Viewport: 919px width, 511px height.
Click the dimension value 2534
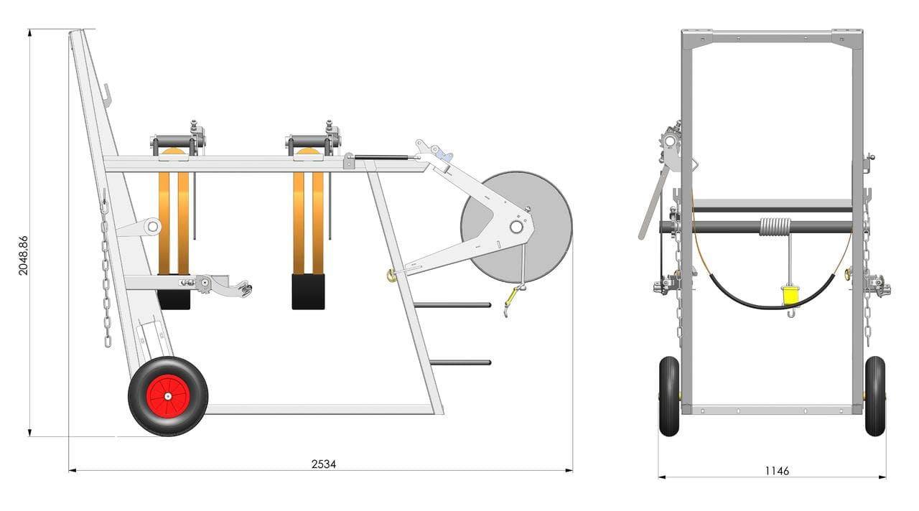[323, 464]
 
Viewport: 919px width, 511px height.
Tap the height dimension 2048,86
[24, 255]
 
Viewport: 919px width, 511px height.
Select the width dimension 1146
[777, 471]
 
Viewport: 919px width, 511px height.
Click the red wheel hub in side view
[168, 396]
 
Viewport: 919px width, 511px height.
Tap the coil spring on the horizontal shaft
[775, 226]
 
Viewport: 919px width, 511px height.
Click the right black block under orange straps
[308, 291]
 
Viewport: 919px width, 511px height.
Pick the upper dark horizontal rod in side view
[452, 305]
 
